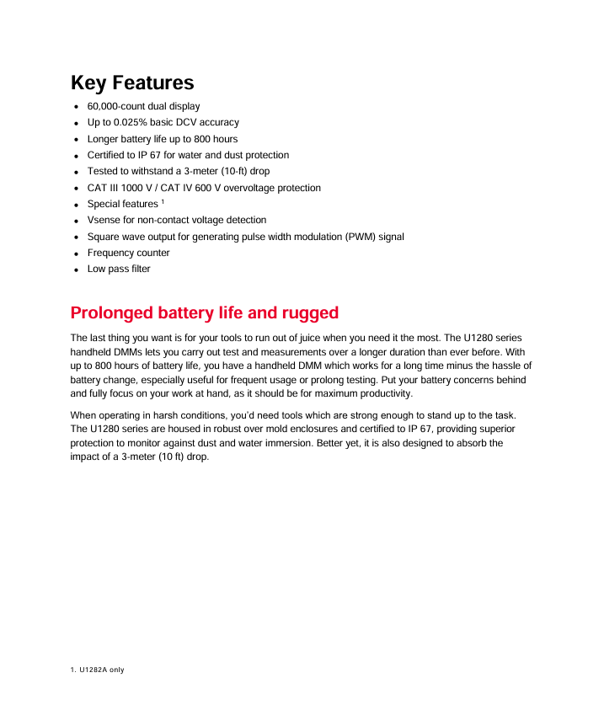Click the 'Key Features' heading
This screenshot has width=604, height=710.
click(x=132, y=83)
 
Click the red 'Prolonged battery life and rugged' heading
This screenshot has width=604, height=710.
click(x=205, y=313)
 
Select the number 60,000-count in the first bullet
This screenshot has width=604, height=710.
click(x=118, y=107)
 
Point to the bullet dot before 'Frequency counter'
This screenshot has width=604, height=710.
click(x=76, y=254)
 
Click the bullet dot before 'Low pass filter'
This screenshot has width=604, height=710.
click(x=76, y=270)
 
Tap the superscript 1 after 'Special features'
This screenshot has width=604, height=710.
click(x=163, y=202)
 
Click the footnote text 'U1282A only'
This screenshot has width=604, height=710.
click(x=102, y=670)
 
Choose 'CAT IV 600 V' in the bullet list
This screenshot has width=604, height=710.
click(x=196, y=188)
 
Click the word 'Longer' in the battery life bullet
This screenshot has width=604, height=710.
click(x=102, y=139)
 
